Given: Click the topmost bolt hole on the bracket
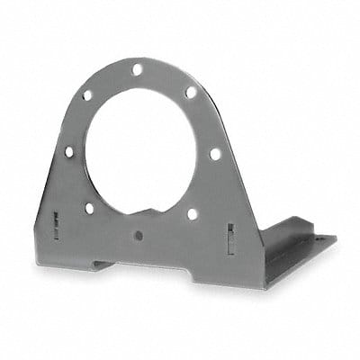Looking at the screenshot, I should point(138,69).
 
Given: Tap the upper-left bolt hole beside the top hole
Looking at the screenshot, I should point(88,94).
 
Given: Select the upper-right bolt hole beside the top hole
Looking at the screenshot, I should point(191,91).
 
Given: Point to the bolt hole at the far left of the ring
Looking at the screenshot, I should point(68,152).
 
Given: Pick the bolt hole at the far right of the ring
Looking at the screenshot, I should point(215,154).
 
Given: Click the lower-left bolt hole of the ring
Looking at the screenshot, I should point(89,208).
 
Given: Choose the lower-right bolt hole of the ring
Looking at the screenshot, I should point(193,214).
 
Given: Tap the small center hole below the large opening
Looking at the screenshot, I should point(139,236).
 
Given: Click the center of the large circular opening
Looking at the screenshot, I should point(142,144).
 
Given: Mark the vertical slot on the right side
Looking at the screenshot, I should point(231,238).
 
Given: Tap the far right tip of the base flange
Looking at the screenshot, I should point(335,239).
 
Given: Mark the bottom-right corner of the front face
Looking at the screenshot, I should point(264,286).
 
